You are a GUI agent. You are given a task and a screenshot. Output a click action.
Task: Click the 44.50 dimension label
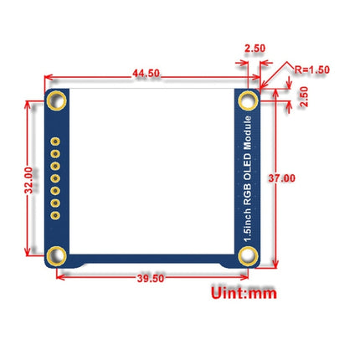(147, 73)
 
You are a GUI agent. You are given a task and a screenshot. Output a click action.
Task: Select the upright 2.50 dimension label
(254, 49)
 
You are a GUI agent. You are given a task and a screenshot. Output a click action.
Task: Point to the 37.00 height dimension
(283, 178)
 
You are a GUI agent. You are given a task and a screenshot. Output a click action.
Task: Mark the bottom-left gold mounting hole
(57, 255)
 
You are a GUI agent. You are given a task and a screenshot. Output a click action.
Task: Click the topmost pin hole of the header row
(56, 143)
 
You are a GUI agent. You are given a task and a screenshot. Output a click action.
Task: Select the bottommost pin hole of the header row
(56, 214)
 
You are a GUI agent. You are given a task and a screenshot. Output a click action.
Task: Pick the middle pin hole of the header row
(56, 178)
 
